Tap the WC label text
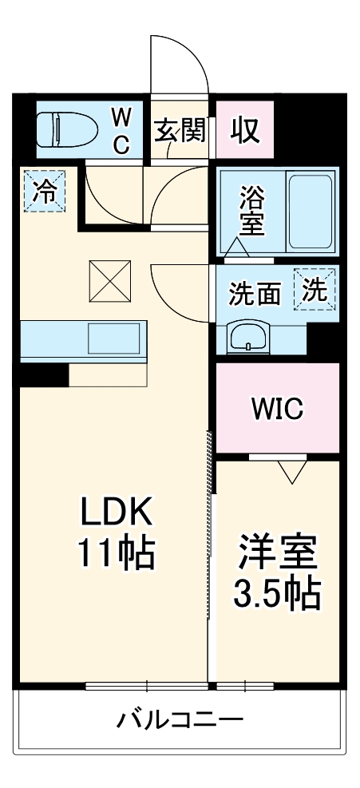pyautogui.click(x=121, y=130)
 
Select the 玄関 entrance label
pyautogui.click(x=180, y=130)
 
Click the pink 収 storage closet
pyautogui.click(x=245, y=130)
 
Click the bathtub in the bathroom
pyautogui.click(x=309, y=212)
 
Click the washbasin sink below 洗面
pyautogui.click(x=251, y=337)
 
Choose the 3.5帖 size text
pyautogui.click(x=277, y=592)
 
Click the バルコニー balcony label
pyautogui.click(x=180, y=721)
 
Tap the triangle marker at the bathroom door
pyautogui.click(x=237, y=247)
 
